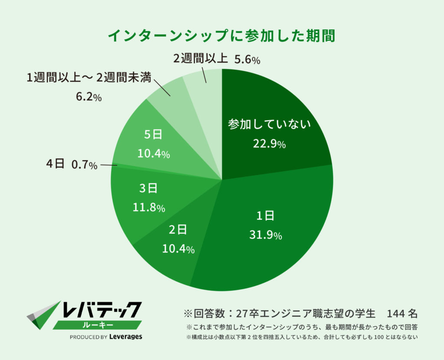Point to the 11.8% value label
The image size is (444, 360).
click(x=149, y=208)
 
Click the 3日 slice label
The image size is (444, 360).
click(x=148, y=188)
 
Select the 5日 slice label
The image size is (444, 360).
click(x=153, y=134)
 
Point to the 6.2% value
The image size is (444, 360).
click(x=88, y=97)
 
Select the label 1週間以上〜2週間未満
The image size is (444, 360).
click(x=89, y=78)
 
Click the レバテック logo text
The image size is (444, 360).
click(x=102, y=309)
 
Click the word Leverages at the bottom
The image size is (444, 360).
click(x=126, y=337)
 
